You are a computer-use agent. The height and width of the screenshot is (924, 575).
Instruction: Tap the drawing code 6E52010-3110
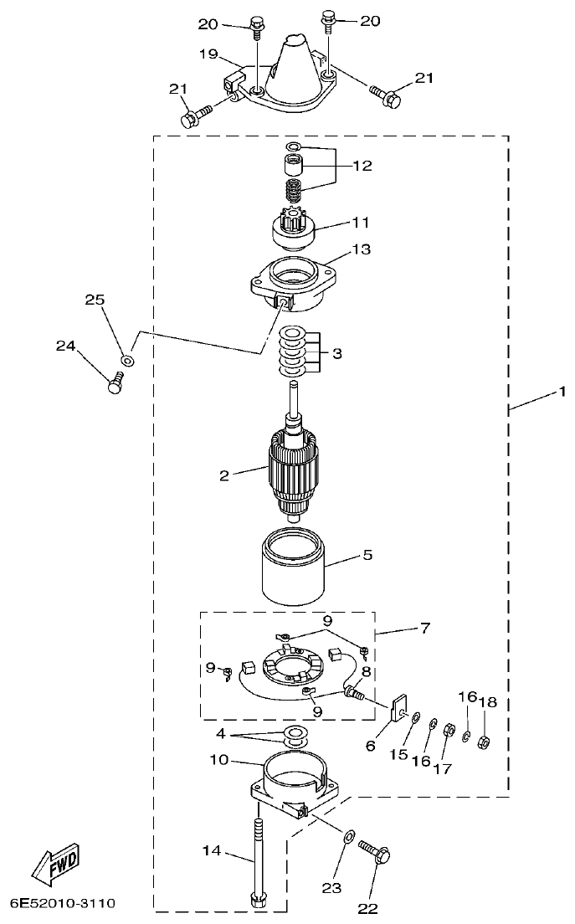63,905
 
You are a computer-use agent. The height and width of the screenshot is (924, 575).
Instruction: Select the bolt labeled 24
116,384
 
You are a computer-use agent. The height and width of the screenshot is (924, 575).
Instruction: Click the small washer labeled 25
127,359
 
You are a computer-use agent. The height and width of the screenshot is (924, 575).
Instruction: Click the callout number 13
362,249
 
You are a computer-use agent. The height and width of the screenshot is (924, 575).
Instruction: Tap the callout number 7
425,628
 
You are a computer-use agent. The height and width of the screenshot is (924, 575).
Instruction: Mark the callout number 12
362,166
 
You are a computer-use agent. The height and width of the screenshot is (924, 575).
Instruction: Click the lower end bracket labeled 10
293,783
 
